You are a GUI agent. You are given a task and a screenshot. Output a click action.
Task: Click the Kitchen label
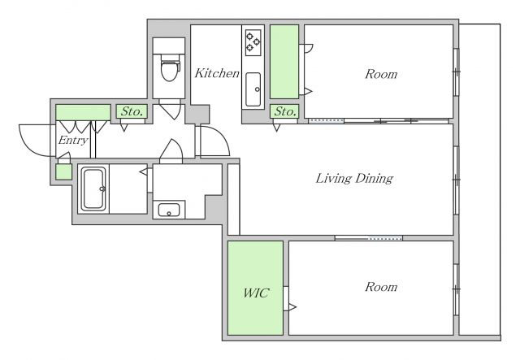217,73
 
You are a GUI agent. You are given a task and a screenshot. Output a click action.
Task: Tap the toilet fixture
170,67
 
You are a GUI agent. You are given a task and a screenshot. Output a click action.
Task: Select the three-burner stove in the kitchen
253,42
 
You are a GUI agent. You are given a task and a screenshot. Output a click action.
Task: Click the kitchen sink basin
253,89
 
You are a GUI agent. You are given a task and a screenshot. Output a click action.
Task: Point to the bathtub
93,189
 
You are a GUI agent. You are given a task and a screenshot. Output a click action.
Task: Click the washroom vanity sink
169,210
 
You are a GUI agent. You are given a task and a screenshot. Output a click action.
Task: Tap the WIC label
256,293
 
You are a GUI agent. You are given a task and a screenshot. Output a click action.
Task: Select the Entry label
73,141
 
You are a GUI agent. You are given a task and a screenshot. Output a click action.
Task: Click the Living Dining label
354,179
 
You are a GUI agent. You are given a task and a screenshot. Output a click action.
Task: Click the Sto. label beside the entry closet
132,111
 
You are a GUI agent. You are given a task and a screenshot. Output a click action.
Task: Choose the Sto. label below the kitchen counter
285,111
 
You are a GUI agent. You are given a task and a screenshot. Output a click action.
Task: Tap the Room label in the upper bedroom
381,74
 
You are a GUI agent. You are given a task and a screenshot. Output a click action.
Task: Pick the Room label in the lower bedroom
381,287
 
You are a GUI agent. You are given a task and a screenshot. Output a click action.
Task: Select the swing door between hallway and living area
214,141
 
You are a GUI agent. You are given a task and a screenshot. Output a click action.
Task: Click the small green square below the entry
63,171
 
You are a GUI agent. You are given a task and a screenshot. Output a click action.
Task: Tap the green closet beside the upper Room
284,62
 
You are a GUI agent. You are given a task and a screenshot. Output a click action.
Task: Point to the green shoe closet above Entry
83,112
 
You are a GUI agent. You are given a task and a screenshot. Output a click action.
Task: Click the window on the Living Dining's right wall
456,180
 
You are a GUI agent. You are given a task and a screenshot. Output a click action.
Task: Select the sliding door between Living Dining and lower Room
368,238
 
